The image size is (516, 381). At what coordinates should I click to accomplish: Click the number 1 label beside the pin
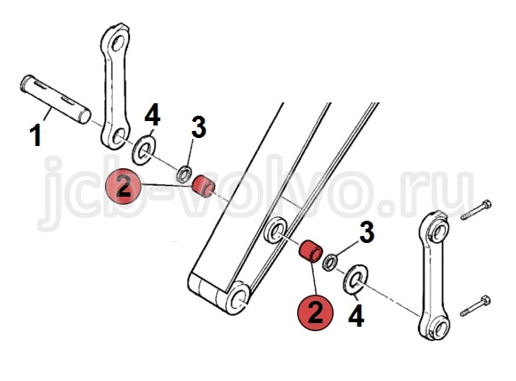pyautogui.click(x=36, y=136)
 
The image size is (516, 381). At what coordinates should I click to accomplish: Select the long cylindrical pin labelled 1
pyautogui.click(x=55, y=100)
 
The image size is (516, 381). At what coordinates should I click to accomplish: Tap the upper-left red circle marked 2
pyautogui.click(x=123, y=186)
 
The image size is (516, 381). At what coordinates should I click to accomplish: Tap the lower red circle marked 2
pyautogui.click(x=315, y=312)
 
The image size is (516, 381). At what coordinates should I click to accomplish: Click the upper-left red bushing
pyautogui.click(x=204, y=187)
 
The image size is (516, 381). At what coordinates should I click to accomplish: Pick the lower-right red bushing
pyautogui.click(x=310, y=252)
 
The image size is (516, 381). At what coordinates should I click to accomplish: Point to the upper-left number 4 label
pyautogui.click(x=152, y=115)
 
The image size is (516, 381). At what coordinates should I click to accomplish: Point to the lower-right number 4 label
pyautogui.click(x=356, y=315)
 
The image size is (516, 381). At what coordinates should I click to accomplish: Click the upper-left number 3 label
pyautogui.click(x=198, y=127)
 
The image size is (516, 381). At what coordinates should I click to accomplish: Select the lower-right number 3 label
pyautogui.click(x=367, y=231)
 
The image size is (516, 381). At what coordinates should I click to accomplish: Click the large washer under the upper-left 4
pyautogui.click(x=144, y=150)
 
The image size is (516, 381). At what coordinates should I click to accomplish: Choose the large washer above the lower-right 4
pyautogui.click(x=356, y=280)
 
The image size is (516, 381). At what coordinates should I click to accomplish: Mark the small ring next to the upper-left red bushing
pyautogui.click(x=185, y=174)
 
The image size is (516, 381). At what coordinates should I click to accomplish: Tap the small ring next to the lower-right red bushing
pyautogui.click(x=329, y=263)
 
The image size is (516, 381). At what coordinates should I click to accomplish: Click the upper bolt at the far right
pyautogui.click(x=476, y=210)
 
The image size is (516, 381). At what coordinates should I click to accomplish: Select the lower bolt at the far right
pyautogui.click(x=475, y=306)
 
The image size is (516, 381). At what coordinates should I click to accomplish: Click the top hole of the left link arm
pyautogui.click(x=117, y=43)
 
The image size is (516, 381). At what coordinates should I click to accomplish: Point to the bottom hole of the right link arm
pyautogui.click(x=439, y=327)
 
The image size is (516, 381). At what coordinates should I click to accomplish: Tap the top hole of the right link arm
pyautogui.click(x=440, y=231)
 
